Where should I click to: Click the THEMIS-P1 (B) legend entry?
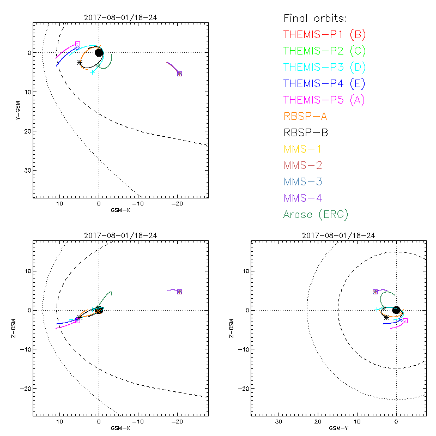[x=324, y=35]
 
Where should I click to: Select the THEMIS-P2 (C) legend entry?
[x=324, y=51]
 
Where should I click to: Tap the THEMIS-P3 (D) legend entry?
[x=324, y=68]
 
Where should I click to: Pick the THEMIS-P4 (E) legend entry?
[x=324, y=84]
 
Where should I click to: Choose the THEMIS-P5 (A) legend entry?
[x=324, y=100]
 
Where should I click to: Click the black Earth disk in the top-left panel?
[x=99, y=52]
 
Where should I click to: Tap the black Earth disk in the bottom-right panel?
[x=396, y=310]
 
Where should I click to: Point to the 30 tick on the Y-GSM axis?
[x=26, y=171]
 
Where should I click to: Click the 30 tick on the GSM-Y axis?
[x=278, y=422]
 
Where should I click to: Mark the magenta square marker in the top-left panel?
[x=77, y=44]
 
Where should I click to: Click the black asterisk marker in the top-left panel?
[x=80, y=62]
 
